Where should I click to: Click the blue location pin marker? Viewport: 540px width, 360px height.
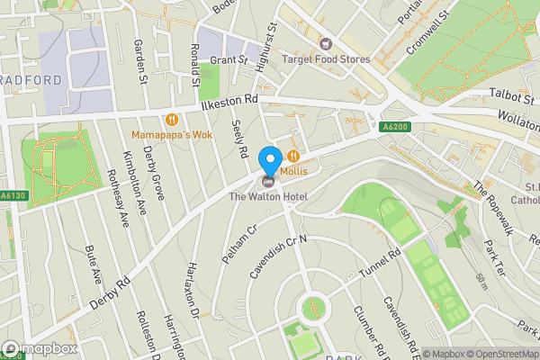point(269,160)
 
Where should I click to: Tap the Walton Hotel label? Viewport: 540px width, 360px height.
point(268,196)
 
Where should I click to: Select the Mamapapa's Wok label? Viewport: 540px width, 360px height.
point(170,134)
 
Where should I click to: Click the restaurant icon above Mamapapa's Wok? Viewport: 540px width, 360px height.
point(170,118)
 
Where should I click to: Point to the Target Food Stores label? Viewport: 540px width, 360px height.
point(326,59)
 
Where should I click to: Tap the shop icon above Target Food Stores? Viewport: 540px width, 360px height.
point(326,43)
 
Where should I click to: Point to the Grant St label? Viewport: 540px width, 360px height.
point(229,60)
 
